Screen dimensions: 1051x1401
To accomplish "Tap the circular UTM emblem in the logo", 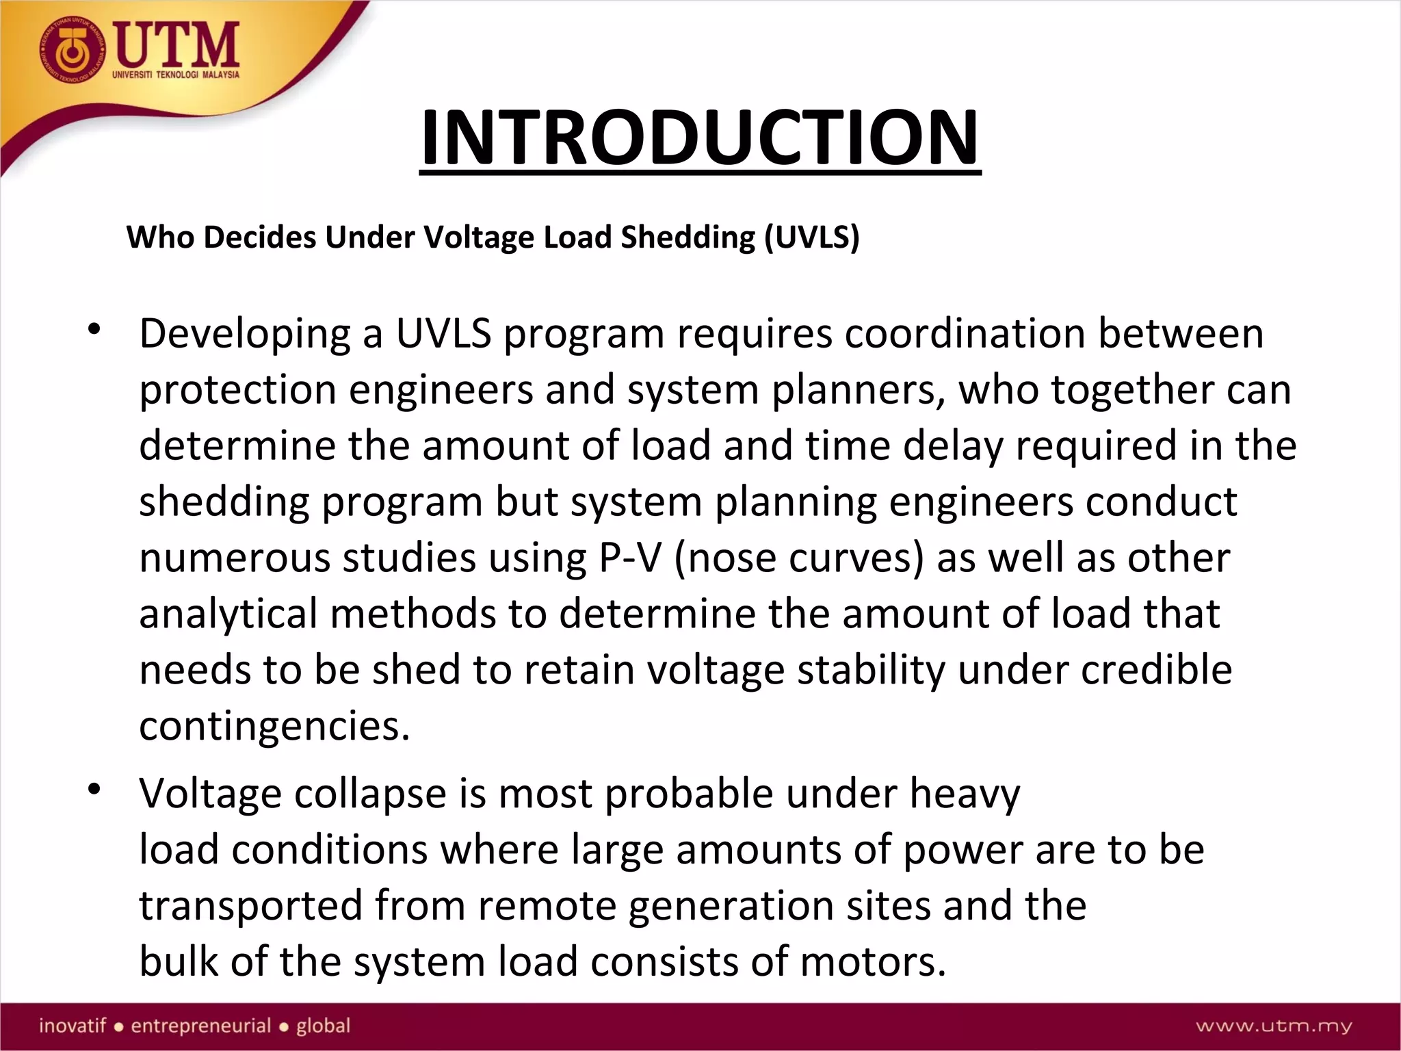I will pyautogui.click(x=73, y=49).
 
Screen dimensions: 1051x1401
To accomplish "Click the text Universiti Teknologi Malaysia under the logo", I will pyautogui.click(x=176, y=75).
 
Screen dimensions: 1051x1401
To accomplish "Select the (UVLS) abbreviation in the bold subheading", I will pyautogui.click(x=811, y=237).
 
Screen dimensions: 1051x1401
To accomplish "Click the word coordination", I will pyautogui.click(x=965, y=334).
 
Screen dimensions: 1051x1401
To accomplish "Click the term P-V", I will pyautogui.click(x=630, y=558).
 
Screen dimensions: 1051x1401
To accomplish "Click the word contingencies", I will pyautogui.click(x=274, y=726).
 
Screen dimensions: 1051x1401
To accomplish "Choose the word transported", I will pyautogui.click(x=250, y=906).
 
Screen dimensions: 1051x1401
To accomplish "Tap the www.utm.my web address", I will pyautogui.click(x=1274, y=1026).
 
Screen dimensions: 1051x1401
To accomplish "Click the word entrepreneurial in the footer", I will pyautogui.click(x=201, y=1026).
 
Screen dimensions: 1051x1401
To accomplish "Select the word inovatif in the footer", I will pyautogui.click(x=73, y=1026).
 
